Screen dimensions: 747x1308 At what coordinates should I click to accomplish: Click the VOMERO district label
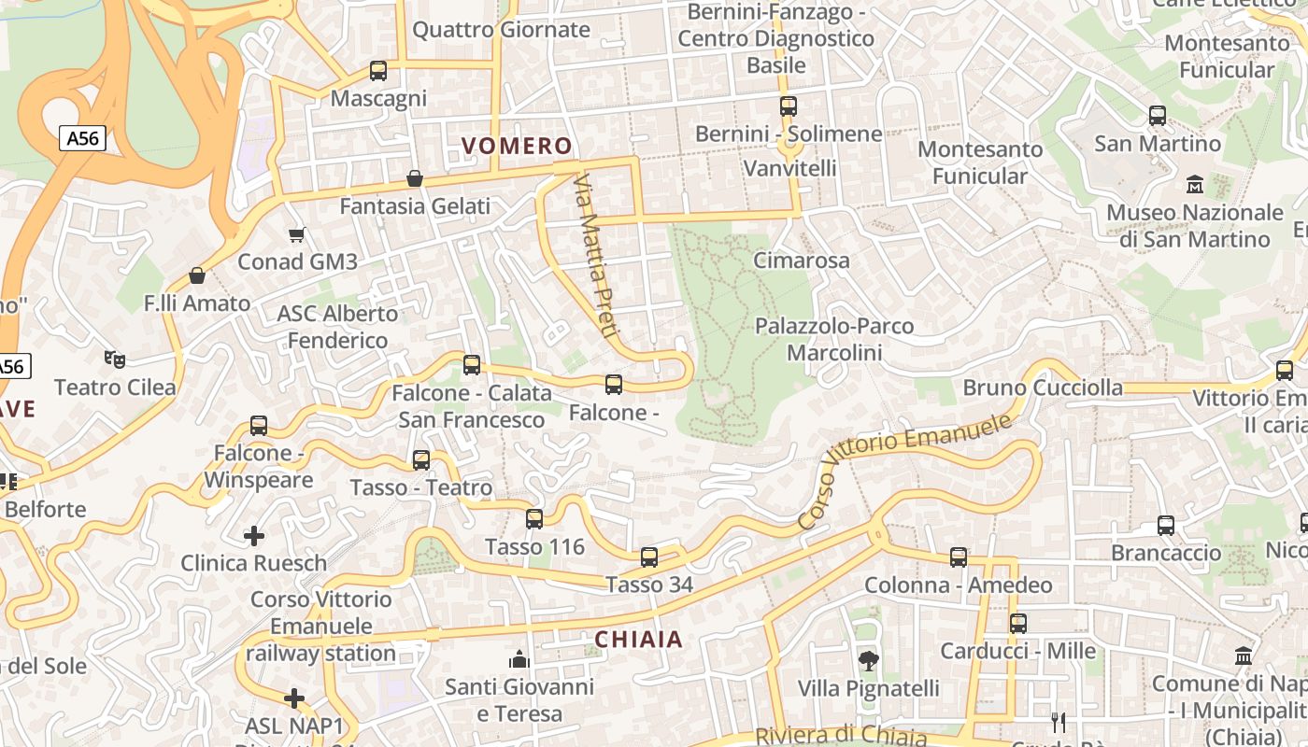pyautogui.click(x=517, y=146)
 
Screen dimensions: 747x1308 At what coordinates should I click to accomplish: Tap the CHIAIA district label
pyautogui.click(x=638, y=640)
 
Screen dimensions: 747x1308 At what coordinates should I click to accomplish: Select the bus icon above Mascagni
pyautogui.click(x=378, y=71)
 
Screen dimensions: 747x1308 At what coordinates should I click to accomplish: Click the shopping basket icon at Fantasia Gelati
pyautogui.click(x=415, y=178)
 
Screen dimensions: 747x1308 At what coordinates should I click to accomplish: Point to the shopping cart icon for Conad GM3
pyautogui.click(x=297, y=234)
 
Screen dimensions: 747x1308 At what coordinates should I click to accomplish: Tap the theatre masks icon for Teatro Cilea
pyautogui.click(x=115, y=359)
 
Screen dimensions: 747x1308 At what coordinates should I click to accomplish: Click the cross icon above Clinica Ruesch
pyautogui.click(x=253, y=536)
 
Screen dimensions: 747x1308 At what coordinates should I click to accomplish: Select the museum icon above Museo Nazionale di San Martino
pyautogui.click(x=1194, y=185)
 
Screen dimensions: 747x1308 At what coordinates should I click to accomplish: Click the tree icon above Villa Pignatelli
pyautogui.click(x=868, y=661)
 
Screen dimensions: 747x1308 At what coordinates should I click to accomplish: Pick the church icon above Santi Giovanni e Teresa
pyautogui.click(x=519, y=660)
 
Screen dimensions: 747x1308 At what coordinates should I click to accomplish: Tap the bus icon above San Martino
pyautogui.click(x=1158, y=116)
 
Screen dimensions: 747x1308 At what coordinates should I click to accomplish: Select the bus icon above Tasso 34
pyautogui.click(x=649, y=557)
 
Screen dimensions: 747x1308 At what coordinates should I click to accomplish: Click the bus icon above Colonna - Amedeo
pyautogui.click(x=959, y=557)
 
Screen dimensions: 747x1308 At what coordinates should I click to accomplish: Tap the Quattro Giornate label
pyautogui.click(x=501, y=30)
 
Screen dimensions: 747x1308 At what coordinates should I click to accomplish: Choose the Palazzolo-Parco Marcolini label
pyautogui.click(x=834, y=339)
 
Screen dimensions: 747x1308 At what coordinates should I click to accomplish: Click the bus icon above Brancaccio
pyautogui.click(x=1166, y=526)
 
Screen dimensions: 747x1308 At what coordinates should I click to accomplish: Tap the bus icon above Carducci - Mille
pyautogui.click(x=1018, y=624)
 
